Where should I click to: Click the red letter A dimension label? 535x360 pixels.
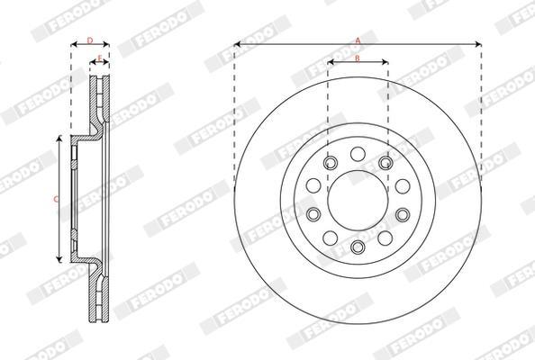click(x=358, y=40)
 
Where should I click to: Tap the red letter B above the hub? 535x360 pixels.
click(x=358, y=58)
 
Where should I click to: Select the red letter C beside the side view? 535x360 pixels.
click(x=57, y=200)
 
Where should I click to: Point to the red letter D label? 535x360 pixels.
click(x=90, y=40)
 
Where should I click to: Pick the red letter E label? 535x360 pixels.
click(x=100, y=58)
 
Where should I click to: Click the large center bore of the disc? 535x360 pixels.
click(x=358, y=201)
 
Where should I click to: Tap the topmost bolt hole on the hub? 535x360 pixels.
click(x=358, y=154)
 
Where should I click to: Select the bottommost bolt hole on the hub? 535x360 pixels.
click(x=358, y=247)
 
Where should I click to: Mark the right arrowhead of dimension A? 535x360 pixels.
click(x=478, y=44)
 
